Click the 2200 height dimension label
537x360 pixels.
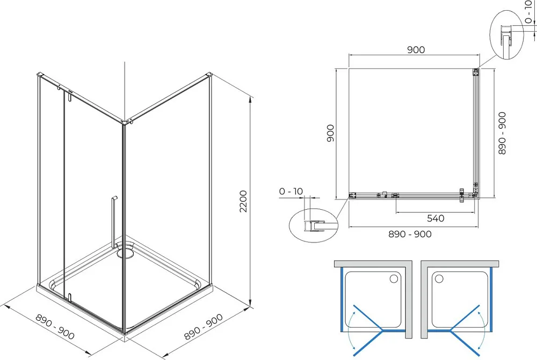pyautogui.click(x=243, y=201)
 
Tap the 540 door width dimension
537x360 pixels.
pyautogui.click(x=436, y=218)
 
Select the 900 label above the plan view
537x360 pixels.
pyautogui.click(x=416, y=49)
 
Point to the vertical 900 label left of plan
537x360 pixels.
pyautogui.click(x=330, y=133)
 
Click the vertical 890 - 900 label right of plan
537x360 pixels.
pyautogui.click(x=502, y=133)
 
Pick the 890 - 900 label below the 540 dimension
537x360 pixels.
pyautogui.click(x=410, y=234)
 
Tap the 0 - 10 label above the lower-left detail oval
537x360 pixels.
pyautogui.click(x=291, y=191)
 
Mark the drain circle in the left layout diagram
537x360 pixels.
pyautogui.click(x=394, y=279)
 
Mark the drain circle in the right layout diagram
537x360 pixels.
pyautogui.click(x=439, y=279)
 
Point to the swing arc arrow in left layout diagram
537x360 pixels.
pyautogui.click(x=349, y=331)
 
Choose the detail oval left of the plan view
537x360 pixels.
pyautogui.click(x=314, y=225)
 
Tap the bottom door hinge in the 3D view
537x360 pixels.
pyautogui.click(x=69, y=297)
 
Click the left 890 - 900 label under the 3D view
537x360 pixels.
pyautogui.click(x=55, y=327)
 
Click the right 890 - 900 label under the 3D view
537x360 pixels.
pyautogui.click(x=204, y=326)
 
